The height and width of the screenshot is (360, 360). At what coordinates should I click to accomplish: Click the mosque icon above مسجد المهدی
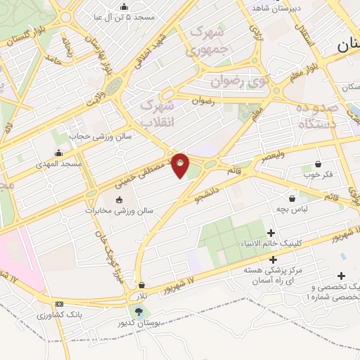[x=59, y=153]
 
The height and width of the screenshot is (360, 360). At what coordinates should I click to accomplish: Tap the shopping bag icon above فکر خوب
[x=308, y=162]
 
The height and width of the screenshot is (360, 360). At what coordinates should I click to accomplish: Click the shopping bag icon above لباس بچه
[x=292, y=199]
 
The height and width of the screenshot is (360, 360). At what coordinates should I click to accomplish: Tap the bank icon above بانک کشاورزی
[x=59, y=303]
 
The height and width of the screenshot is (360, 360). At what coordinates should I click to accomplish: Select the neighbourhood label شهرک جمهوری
[x=207, y=41]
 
